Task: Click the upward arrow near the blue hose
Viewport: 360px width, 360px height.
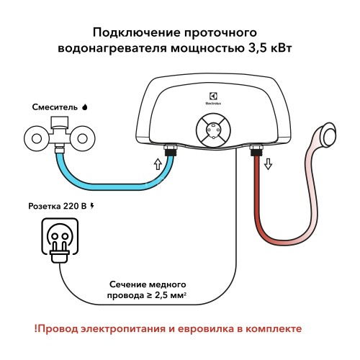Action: coord(158,164)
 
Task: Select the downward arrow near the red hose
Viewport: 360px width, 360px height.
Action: coord(268,163)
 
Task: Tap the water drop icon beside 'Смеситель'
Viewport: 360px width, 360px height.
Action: coord(85,107)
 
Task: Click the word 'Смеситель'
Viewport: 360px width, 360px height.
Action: coord(55,107)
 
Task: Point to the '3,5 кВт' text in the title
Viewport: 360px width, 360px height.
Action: coord(269,49)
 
